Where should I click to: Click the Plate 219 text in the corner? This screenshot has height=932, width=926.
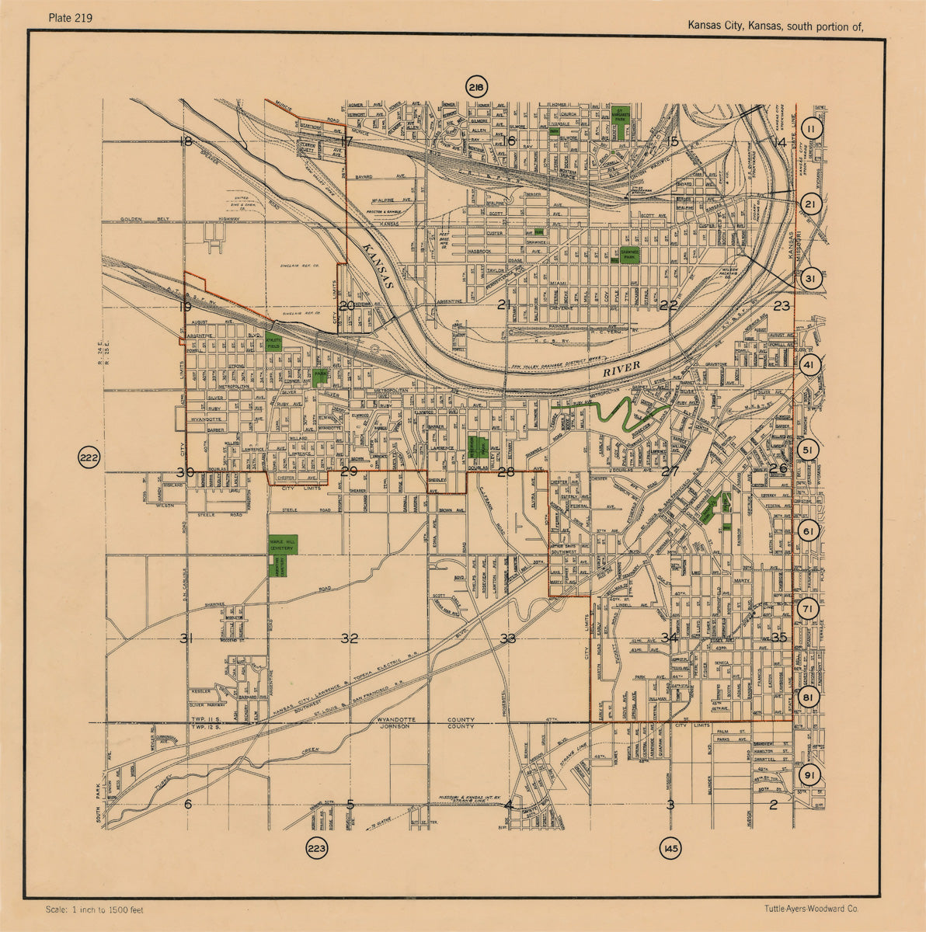[x=70, y=19]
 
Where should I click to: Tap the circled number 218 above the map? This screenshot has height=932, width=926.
[x=475, y=88]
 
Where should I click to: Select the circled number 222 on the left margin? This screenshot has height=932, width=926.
[x=89, y=458]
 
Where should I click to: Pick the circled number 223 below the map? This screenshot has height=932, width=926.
[x=317, y=848]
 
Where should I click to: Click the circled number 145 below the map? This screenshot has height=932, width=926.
[x=670, y=849]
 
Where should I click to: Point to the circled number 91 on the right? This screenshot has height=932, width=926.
[x=809, y=776]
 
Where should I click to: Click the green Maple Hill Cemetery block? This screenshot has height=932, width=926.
[x=282, y=545]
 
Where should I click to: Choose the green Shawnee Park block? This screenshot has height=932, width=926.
[x=630, y=255]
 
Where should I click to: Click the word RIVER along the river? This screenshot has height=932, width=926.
[x=621, y=369]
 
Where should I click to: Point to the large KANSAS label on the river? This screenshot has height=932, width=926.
[x=379, y=265]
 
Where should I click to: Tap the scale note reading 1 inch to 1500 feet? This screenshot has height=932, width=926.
[x=95, y=909]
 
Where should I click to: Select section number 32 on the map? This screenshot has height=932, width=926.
[x=350, y=638]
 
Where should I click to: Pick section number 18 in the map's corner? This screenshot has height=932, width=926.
[x=185, y=141]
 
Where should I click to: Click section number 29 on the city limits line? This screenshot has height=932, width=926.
[x=349, y=471]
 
